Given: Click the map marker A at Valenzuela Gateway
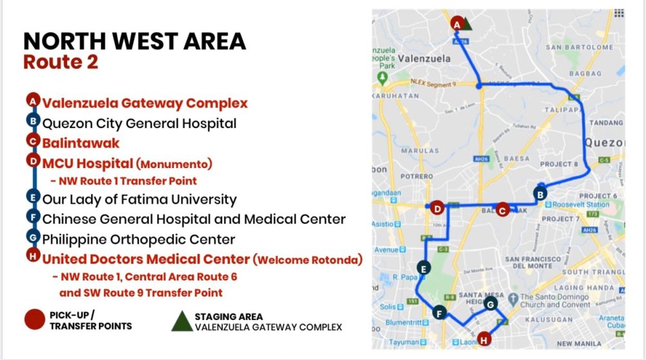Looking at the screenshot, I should point(457,23).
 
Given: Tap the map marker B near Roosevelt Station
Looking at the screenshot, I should point(540,193).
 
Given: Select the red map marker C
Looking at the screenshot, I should point(503,209).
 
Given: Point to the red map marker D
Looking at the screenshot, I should point(437,208).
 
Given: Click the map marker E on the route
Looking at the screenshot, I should point(423,268).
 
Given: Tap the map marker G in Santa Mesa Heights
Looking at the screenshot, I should point(490,304).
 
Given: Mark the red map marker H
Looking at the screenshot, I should point(484,338).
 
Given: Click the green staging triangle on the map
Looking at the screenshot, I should point(467,25).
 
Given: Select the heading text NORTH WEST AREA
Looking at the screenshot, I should point(134,41).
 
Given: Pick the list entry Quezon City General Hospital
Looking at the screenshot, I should point(140,123).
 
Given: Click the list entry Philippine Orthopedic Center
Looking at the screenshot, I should point(139,239).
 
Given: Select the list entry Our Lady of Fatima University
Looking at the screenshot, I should point(140,199).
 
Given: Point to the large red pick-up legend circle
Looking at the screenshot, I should point(34,321).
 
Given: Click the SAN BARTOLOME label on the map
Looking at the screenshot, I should point(579,47).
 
